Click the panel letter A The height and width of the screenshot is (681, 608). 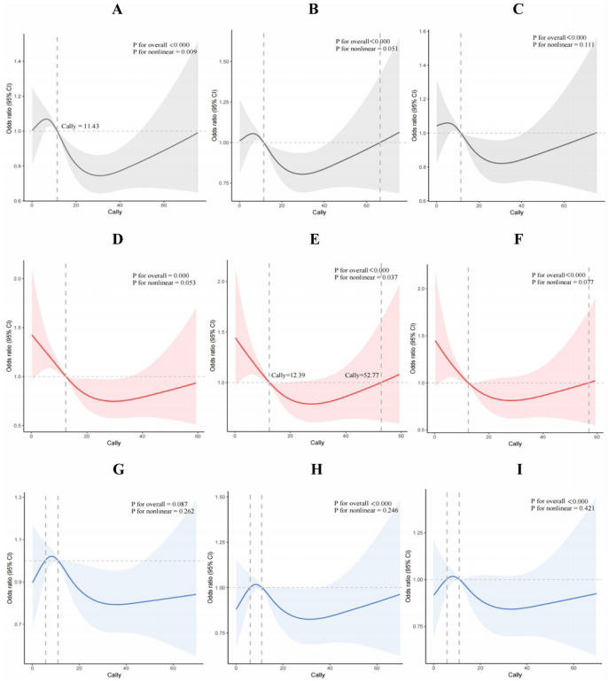tap(117, 12)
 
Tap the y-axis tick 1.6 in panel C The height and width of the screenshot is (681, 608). tap(424, 32)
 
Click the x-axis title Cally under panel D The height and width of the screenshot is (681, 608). tap(114, 451)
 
